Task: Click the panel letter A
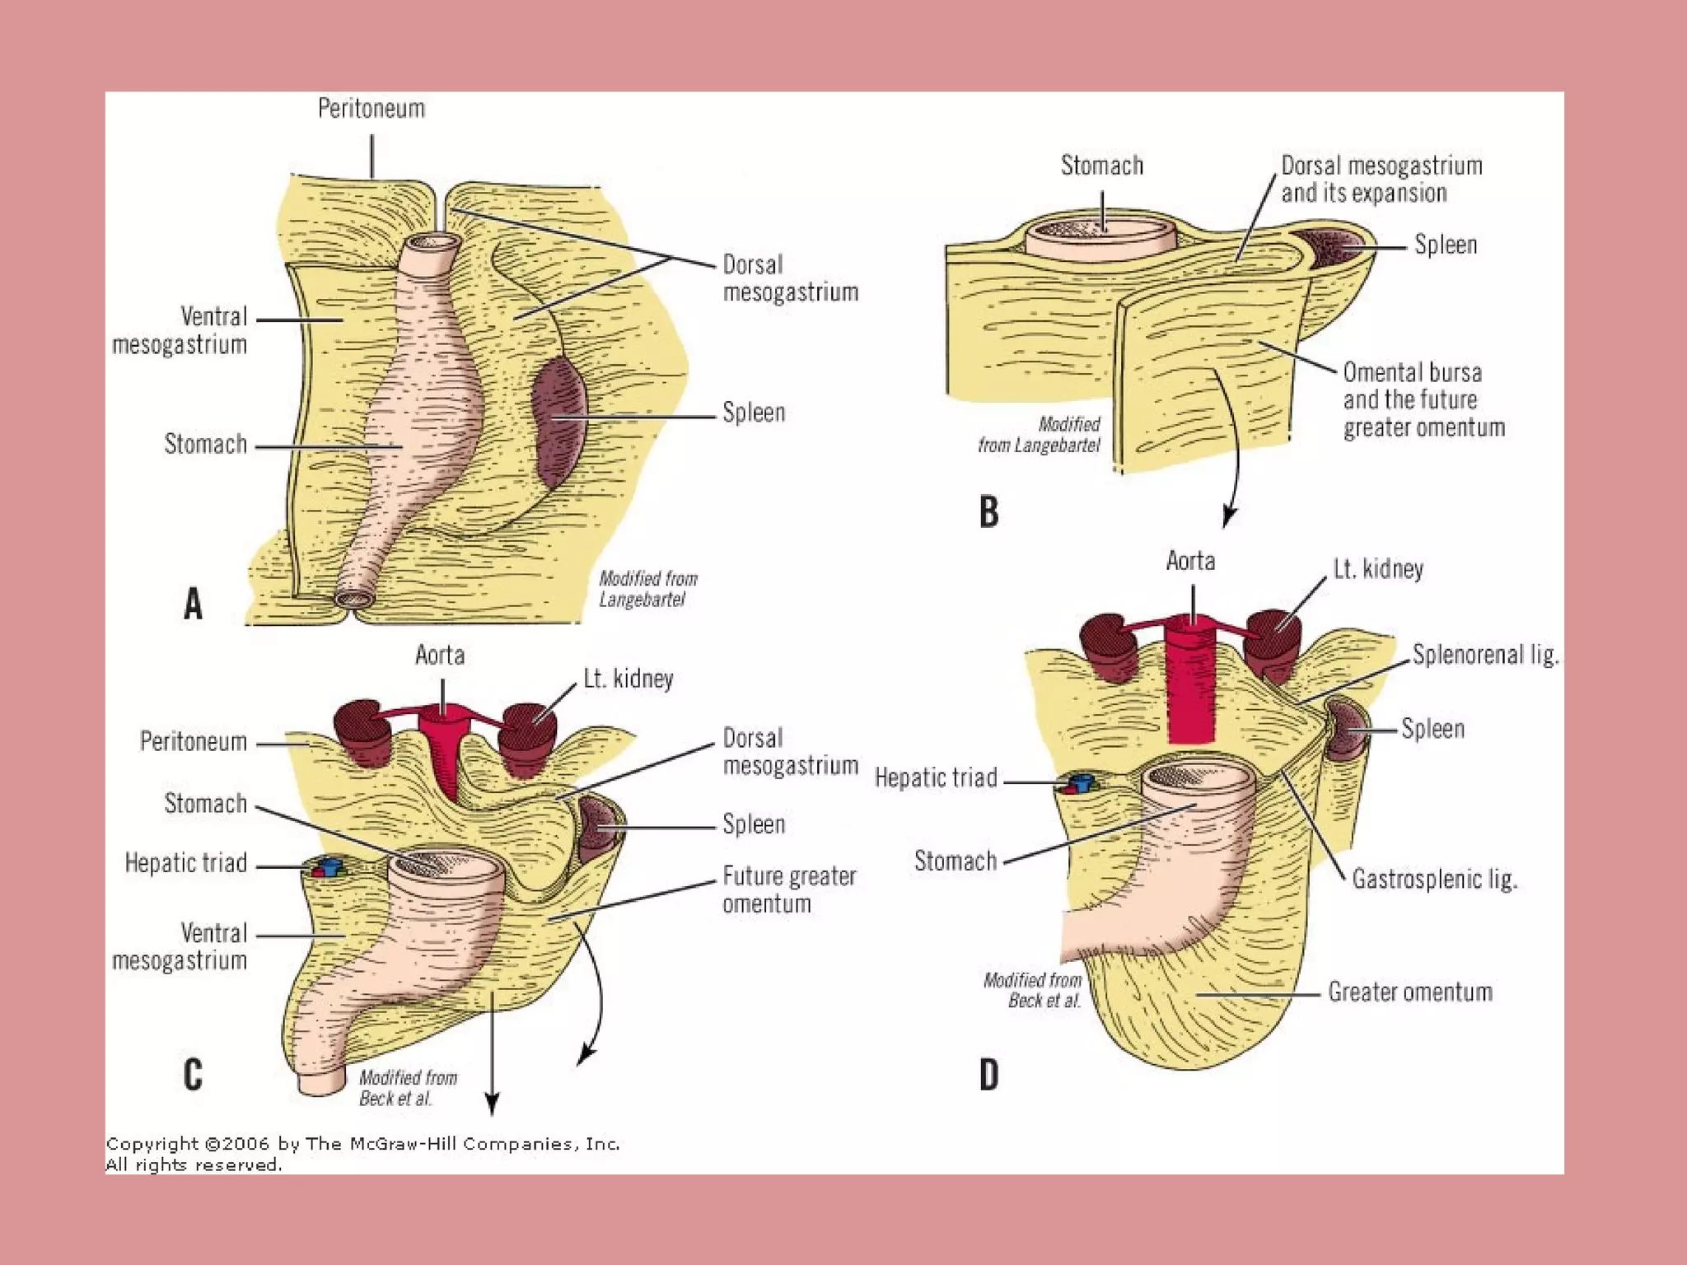tap(193, 603)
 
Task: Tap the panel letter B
tap(988, 511)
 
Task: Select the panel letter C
tap(193, 1074)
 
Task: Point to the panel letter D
tap(988, 1075)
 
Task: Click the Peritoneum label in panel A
tap(372, 109)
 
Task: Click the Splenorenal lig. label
tap(1485, 655)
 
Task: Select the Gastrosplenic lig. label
tap(1434, 880)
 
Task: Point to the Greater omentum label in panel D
tap(1409, 992)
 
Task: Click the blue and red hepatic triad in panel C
tap(327, 868)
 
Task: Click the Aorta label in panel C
tap(440, 656)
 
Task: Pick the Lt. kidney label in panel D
tap(1378, 569)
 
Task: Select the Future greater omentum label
tap(789, 889)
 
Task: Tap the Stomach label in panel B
tap(1101, 166)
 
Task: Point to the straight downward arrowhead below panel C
tap(492, 1104)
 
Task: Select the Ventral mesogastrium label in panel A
tap(180, 330)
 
